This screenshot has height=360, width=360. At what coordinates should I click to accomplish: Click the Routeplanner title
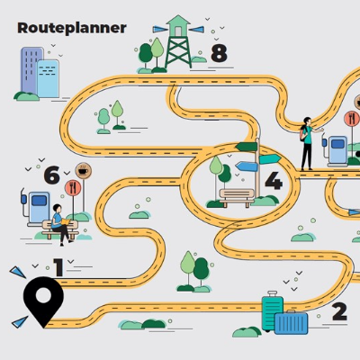coord(72,28)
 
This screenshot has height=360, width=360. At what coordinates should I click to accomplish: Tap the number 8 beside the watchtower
coord(219,53)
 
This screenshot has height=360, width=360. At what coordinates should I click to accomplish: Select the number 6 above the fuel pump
coord(51,175)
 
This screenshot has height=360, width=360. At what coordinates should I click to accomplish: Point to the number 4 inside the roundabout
coord(274,181)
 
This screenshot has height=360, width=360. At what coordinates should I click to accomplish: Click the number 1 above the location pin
coord(58,267)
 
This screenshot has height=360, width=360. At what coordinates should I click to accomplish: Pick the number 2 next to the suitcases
coord(339,312)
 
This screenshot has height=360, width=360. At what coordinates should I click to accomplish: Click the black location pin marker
coord(43,301)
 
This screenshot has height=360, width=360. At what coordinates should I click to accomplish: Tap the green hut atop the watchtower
coord(178,26)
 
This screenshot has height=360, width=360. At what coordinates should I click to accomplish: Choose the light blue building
coord(48,78)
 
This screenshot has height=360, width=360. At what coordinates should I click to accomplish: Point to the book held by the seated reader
coord(66,221)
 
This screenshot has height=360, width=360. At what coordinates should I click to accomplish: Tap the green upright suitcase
coord(272,310)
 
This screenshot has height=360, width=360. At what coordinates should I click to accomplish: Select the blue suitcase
coord(291,323)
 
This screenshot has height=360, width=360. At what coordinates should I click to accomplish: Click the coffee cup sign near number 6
coord(84,171)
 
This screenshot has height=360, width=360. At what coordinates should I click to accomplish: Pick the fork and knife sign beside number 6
coord(73,188)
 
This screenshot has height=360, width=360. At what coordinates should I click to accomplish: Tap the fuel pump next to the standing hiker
coord(336,151)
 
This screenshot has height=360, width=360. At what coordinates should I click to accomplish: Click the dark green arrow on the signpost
coord(247,147)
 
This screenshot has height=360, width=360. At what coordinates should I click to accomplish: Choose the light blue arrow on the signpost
coord(247,166)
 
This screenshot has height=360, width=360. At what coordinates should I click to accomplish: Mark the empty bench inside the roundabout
coord(237,197)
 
